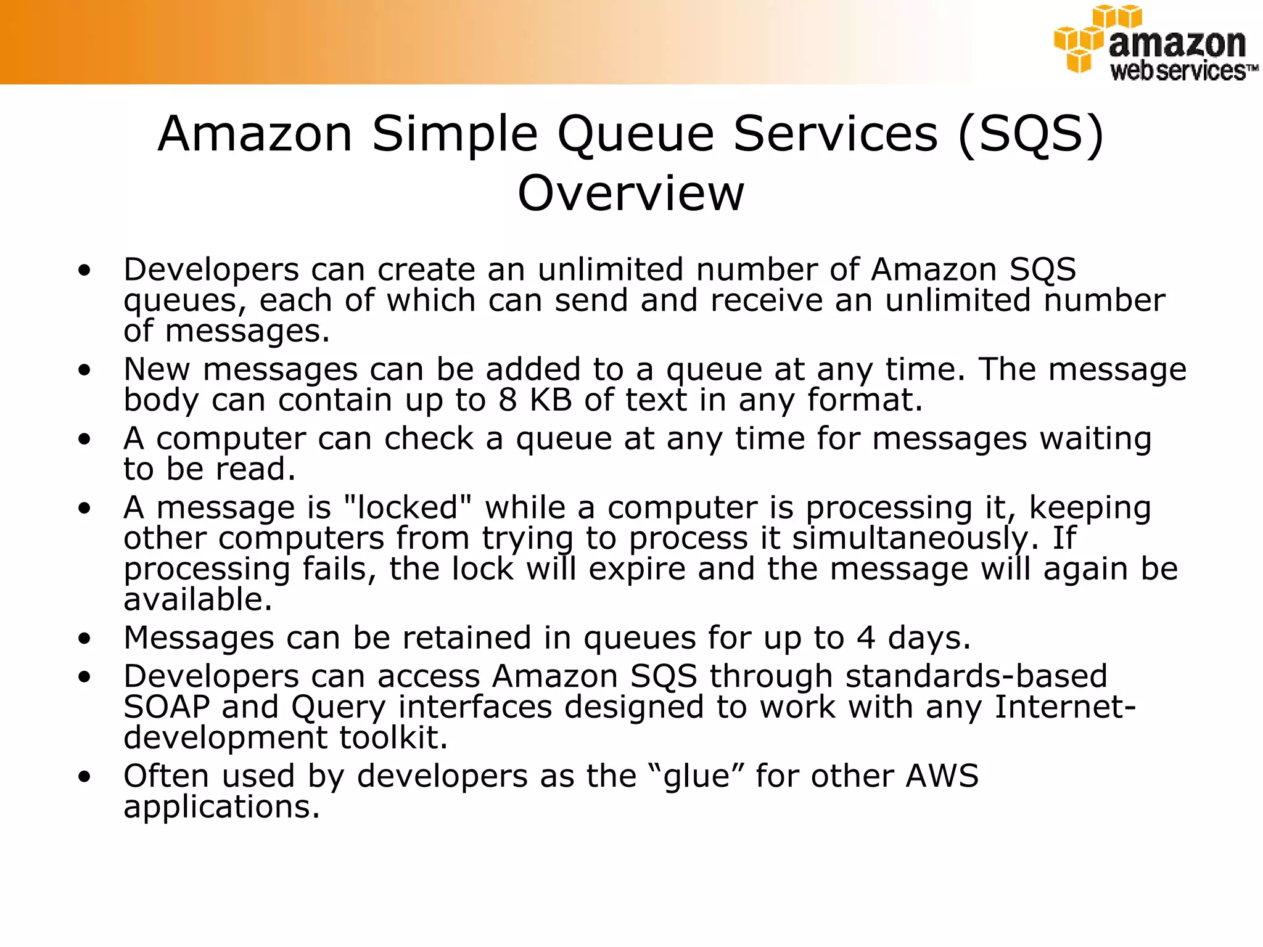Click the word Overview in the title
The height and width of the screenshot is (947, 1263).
[x=630, y=193]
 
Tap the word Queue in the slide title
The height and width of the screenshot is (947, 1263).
[x=635, y=134]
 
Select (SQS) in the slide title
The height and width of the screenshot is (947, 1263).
[x=1031, y=134]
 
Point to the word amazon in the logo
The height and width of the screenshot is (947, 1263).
[x=1177, y=44]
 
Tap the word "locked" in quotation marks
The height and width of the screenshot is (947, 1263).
[x=406, y=508]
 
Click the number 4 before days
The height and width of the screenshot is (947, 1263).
[x=866, y=637]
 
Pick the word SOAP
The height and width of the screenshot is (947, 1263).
[x=167, y=707]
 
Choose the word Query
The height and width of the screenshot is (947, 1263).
[x=339, y=708]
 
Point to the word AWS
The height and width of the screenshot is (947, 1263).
[x=942, y=776]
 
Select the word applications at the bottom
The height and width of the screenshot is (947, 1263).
[x=221, y=807]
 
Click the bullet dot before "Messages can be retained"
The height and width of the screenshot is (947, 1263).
[x=84, y=639]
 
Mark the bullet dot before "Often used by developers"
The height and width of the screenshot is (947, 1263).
[x=84, y=777]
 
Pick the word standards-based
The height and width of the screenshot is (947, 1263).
[x=976, y=676]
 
